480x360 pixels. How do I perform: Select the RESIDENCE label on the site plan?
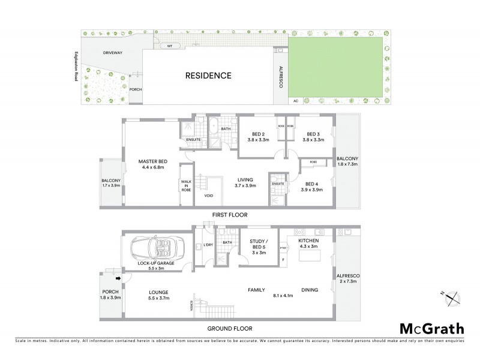[x=208, y=76]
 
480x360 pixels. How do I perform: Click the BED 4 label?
[x=312, y=187]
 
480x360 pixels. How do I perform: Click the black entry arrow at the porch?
[x=118, y=277]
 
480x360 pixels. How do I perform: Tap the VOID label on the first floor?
[x=209, y=196]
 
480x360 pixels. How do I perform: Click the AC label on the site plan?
[x=295, y=101]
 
